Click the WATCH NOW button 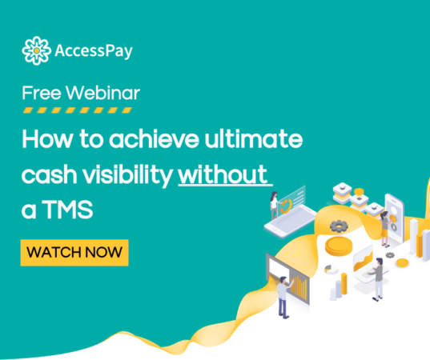(x=74, y=253)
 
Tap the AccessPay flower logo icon (x=37, y=50)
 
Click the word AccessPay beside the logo (x=94, y=51)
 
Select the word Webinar (x=102, y=93)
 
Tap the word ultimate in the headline (x=253, y=138)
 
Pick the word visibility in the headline (x=127, y=175)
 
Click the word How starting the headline (x=47, y=138)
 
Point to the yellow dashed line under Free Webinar (x=78, y=110)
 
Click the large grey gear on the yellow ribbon (x=339, y=226)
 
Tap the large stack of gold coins (x=338, y=246)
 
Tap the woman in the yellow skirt (x=385, y=229)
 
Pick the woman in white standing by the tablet (x=274, y=206)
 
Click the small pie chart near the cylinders (x=332, y=269)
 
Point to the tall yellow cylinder (x=344, y=283)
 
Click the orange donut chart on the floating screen (x=286, y=206)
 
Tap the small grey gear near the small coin (x=390, y=255)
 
